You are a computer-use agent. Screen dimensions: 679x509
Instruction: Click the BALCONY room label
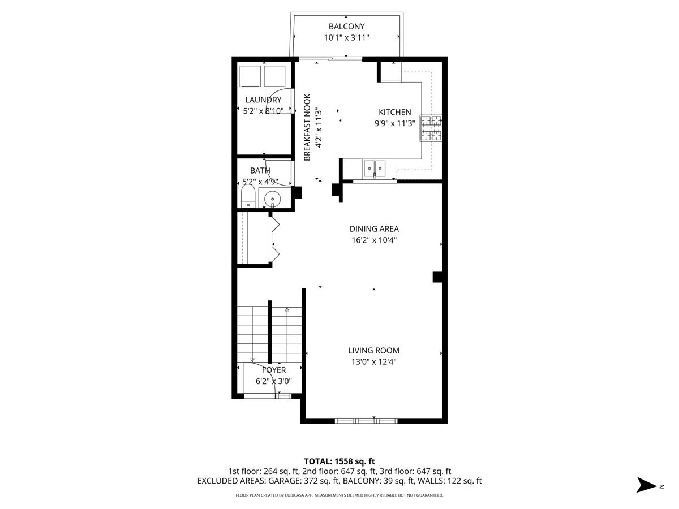coord(346,27)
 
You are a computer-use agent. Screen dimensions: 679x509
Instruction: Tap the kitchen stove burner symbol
coord(431,128)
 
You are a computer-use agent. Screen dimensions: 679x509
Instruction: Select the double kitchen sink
coord(375,169)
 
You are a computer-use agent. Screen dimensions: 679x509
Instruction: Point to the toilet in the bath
coord(248,197)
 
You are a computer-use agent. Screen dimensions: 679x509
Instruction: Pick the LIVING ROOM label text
coord(373,351)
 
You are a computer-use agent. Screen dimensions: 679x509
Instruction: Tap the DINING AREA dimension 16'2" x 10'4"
coord(374,240)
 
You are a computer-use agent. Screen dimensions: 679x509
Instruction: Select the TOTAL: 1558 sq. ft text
coord(339,461)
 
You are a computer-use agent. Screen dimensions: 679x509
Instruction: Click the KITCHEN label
coord(395,112)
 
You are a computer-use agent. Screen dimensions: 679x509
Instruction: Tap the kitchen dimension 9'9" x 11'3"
coord(395,123)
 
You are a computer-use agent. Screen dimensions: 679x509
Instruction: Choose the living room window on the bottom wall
coord(366,420)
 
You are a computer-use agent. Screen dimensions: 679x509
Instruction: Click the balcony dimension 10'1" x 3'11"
coord(346,38)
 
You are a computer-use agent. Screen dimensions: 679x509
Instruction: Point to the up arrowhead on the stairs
coord(287,309)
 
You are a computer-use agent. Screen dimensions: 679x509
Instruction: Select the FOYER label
coord(274,370)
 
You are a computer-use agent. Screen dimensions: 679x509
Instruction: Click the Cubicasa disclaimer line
coord(339,495)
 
